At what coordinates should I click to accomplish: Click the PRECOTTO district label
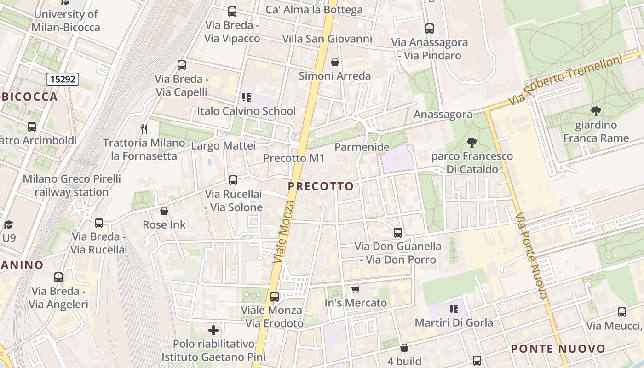click(321, 186)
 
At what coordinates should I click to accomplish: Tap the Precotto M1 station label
click(294, 158)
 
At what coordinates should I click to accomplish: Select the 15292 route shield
click(63, 79)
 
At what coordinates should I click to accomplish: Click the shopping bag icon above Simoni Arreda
click(335, 62)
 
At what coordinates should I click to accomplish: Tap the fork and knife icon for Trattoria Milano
click(144, 129)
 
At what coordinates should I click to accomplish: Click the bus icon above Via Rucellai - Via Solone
click(233, 180)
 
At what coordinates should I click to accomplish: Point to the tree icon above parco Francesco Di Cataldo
click(471, 143)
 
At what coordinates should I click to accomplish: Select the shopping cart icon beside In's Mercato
click(355, 289)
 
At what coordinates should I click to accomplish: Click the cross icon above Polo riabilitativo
click(213, 330)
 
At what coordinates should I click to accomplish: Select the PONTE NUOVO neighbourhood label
click(558, 349)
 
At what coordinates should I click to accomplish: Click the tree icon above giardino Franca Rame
click(596, 111)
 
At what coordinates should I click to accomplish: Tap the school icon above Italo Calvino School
click(247, 98)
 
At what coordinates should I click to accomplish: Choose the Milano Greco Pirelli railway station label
click(72, 185)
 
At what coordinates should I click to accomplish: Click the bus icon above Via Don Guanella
click(398, 233)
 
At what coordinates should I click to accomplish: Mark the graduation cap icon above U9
click(8, 224)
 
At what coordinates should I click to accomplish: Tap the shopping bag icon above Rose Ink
click(164, 212)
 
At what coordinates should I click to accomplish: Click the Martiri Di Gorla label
click(454, 322)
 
